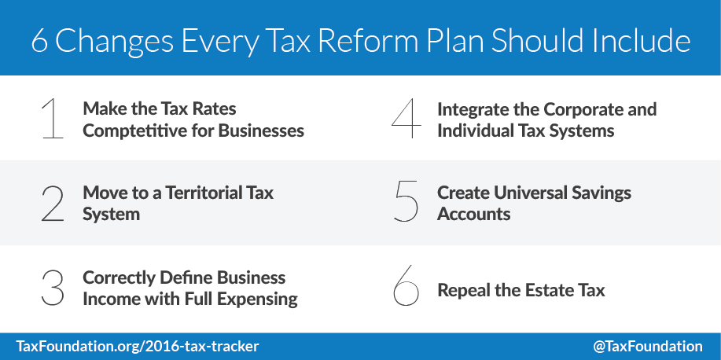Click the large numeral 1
[51, 119]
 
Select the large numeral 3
[53, 288]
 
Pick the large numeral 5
[406, 204]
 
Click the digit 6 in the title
[40, 42]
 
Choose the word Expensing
[259, 299]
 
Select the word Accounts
[474, 214]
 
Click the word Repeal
[464, 290]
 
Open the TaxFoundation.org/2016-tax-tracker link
[138, 346]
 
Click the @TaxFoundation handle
[648, 346]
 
